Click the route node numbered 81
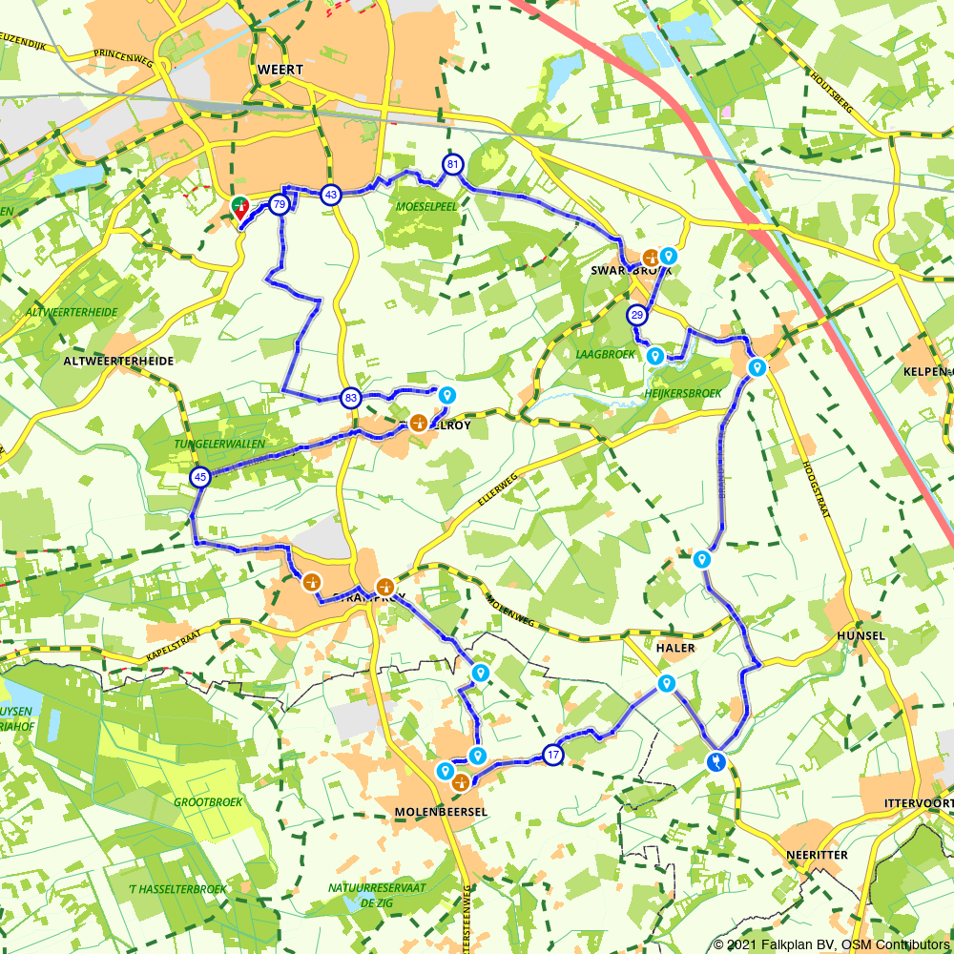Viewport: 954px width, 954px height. click(452, 165)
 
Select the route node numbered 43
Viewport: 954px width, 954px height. click(331, 195)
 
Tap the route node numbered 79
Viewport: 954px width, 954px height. click(279, 204)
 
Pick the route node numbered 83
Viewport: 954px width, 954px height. click(351, 398)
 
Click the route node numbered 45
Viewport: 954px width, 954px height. click(200, 477)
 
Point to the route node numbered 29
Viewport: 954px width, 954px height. click(637, 315)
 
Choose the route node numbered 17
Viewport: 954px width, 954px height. click(553, 755)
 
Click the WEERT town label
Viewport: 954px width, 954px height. click(280, 70)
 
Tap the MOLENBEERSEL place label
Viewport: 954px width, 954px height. click(440, 811)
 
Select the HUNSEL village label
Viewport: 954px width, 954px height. click(861, 635)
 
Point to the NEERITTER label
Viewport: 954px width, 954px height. click(818, 855)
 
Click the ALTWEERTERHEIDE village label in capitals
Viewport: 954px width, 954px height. click(119, 363)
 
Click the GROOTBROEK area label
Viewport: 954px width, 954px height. click(208, 802)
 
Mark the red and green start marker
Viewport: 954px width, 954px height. click(239, 207)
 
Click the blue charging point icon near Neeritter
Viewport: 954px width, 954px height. click(715, 761)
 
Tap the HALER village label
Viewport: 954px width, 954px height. click(675, 648)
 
